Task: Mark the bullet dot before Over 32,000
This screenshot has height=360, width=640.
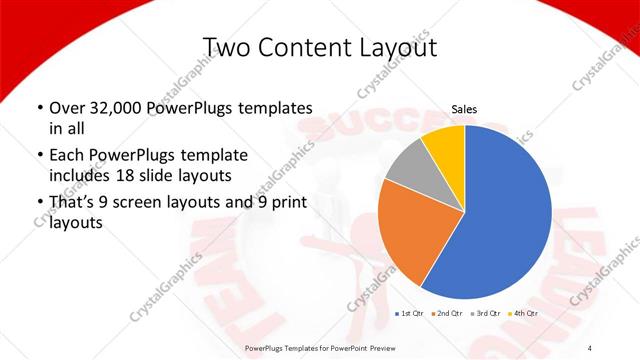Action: tap(39, 108)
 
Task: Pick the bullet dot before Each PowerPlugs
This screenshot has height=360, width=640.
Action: tap(39, 156)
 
